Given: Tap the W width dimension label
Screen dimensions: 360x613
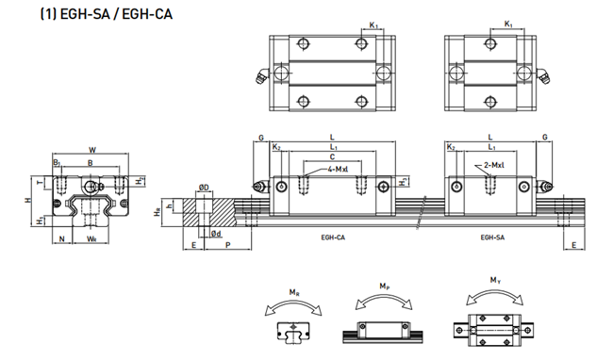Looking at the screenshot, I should click(91, 149).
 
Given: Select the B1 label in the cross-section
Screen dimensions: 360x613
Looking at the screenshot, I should click(58, 163).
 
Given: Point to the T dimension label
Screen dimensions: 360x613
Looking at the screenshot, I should click(38, 180).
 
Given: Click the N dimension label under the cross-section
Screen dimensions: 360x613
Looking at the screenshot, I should click(62, 238).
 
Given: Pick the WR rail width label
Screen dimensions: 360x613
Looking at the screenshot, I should click(91, 238).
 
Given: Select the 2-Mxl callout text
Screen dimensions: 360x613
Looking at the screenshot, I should click(501, 165).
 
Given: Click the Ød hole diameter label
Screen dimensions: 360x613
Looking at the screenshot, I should click(215, 233).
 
